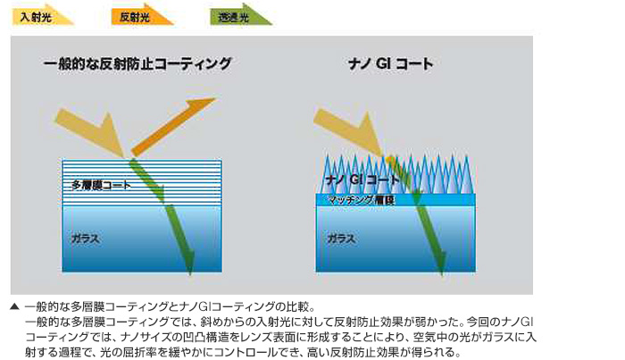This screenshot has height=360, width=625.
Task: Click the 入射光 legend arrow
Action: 42,16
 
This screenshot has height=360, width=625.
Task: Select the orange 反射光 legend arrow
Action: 141,16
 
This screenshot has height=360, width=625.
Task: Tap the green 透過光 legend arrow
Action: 240,16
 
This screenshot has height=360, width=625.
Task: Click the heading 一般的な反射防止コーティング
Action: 137,63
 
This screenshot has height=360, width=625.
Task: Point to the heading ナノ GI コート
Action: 390,63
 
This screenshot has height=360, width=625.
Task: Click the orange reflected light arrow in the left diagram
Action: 174,127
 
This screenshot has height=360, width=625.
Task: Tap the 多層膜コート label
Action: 101,185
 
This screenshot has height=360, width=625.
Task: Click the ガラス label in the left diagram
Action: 86,239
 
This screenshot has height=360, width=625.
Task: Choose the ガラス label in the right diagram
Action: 341,239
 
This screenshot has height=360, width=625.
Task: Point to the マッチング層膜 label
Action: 362,200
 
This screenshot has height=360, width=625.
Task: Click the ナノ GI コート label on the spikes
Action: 362,180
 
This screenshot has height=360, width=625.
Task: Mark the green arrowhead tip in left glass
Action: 190,274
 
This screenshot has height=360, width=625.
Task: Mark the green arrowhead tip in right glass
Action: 442,274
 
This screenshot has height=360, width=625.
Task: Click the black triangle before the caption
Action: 14,306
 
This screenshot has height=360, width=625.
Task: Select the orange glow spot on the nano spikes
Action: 391,160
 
